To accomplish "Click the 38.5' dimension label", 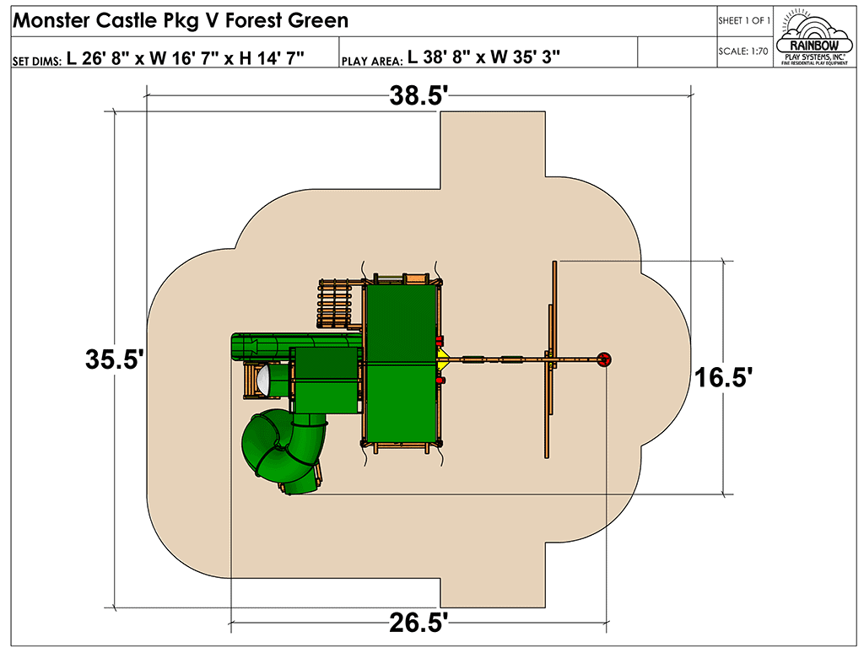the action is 416,95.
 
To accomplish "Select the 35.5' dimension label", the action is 115,359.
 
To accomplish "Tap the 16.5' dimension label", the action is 723,377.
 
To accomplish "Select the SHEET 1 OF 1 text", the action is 744,21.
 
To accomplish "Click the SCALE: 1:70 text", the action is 742,51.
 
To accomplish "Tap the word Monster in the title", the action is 51,20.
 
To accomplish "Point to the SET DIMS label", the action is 37,61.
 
